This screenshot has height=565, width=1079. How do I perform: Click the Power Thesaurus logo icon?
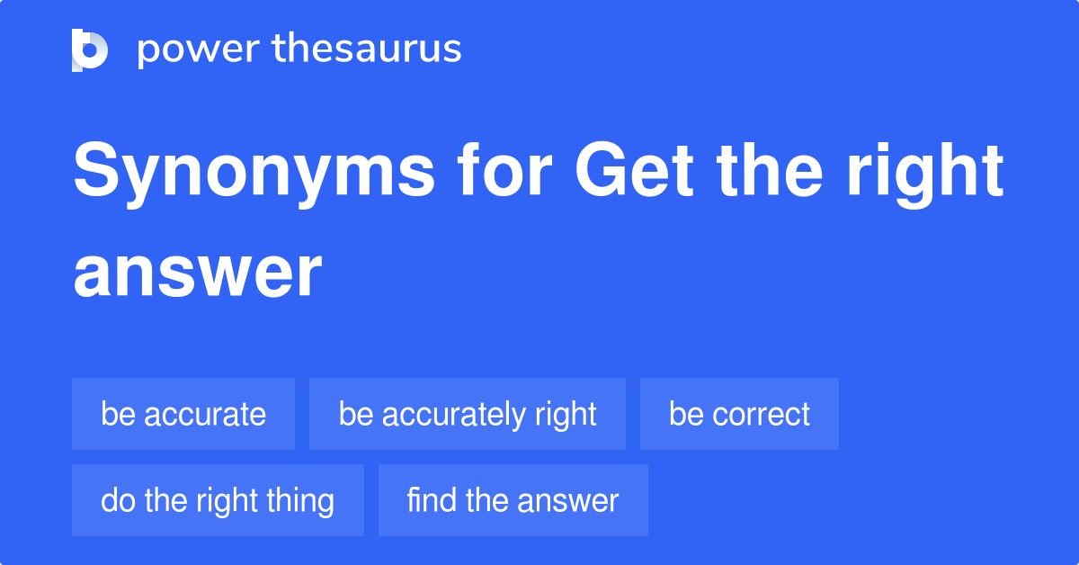coord(90,49)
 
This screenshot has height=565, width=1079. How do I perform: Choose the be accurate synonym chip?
coord(183,414)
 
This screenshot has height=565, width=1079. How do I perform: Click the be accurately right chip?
coord(468,414)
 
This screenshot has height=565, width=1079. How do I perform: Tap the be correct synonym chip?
coord(739,414)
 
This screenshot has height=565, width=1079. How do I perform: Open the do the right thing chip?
coord(218,500)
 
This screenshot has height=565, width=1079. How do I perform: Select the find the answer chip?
coord(513,500)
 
